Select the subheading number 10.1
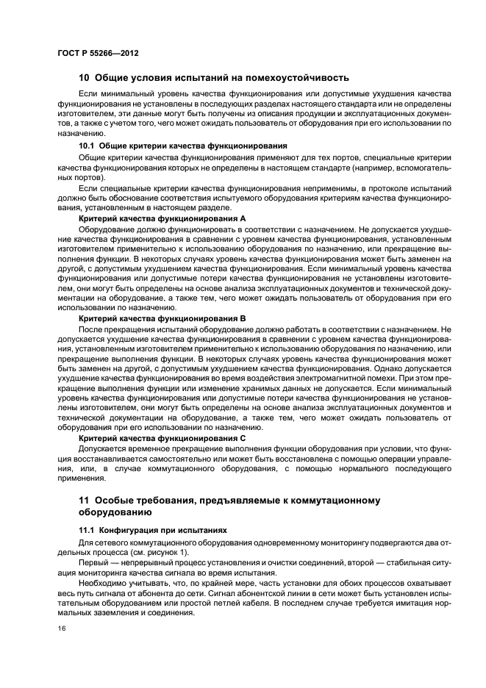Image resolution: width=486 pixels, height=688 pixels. coord(87,146)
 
